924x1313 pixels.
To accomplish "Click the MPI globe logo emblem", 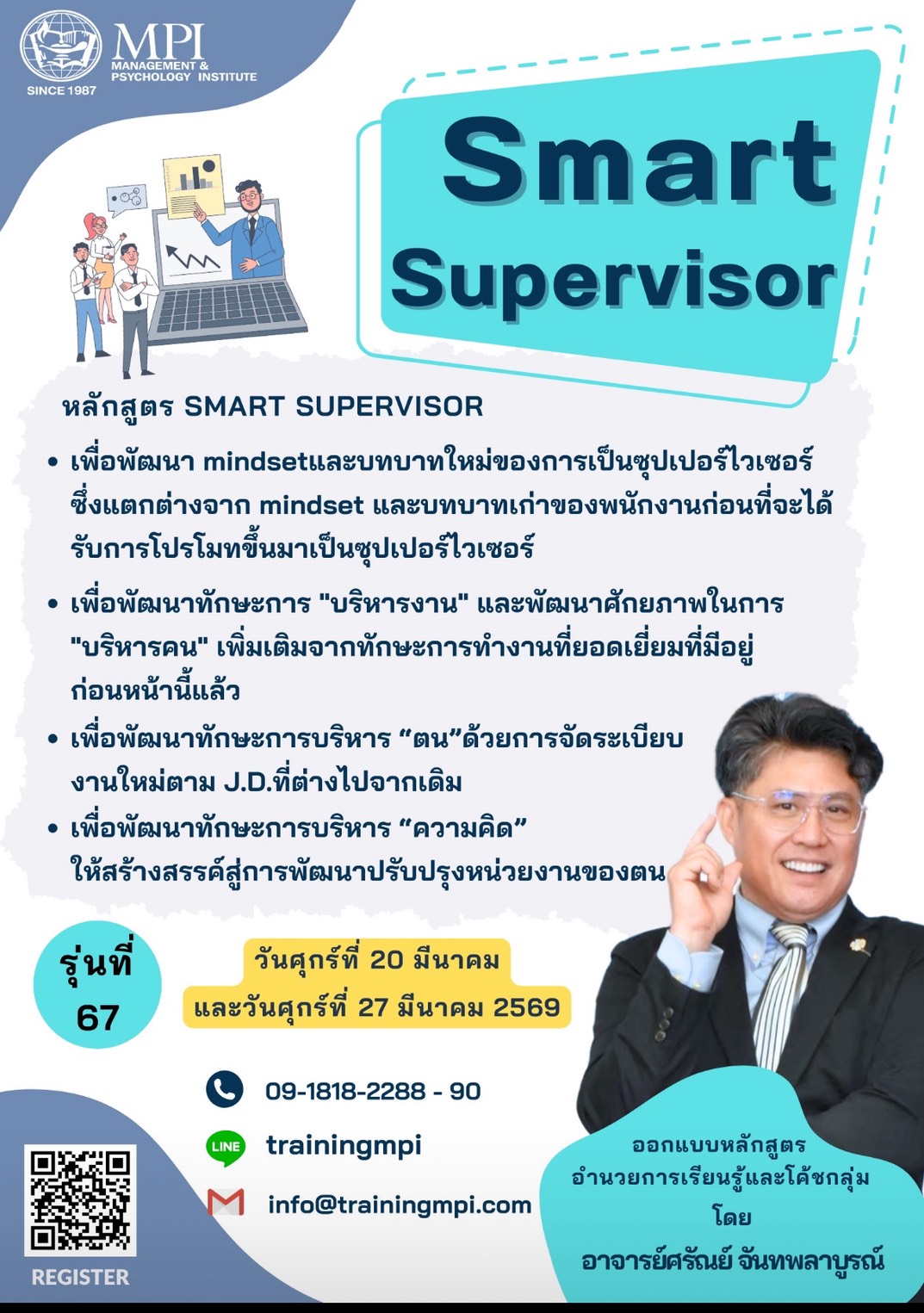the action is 61,46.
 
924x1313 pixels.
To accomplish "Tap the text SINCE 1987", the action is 61,90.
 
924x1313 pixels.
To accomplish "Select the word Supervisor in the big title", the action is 613,282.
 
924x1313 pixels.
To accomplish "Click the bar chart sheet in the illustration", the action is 194,186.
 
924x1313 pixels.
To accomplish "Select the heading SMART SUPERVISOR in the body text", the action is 333,406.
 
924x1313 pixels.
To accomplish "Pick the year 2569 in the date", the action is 526,1007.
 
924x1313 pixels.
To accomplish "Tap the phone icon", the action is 225,1089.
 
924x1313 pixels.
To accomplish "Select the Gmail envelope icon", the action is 226,1202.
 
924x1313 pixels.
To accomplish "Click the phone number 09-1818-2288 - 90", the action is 373,1091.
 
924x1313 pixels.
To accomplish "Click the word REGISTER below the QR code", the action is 80,1277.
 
